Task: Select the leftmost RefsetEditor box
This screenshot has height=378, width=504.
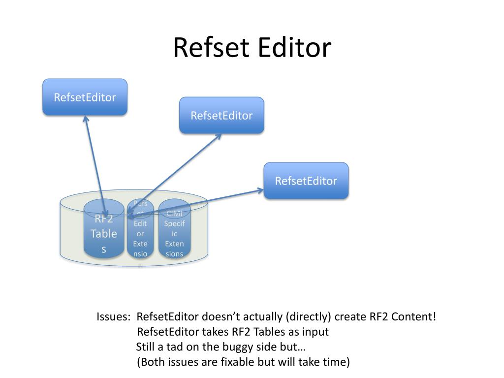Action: click(x=85, y=97)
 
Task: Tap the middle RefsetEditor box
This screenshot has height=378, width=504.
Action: click(x=221, y=116)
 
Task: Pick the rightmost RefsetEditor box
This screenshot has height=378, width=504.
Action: click(x=306, y=181)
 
